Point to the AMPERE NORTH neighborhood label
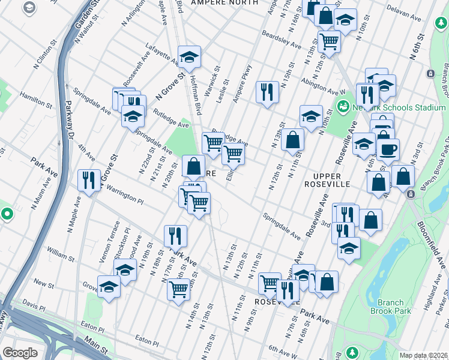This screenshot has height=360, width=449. (224, 3)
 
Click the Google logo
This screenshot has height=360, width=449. (20, 353)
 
